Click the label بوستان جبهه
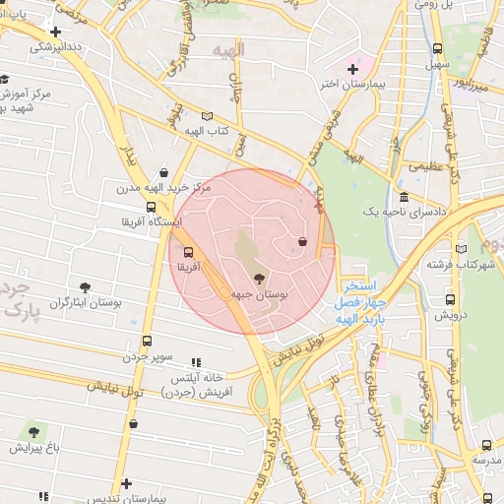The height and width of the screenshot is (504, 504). click(260, 294)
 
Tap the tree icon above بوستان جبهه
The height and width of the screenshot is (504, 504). click(260, 279)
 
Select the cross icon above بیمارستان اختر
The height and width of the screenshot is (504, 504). click(352, 68)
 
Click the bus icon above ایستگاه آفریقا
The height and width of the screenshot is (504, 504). click(151, 207)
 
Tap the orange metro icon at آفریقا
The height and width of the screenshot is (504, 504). click(189, 251)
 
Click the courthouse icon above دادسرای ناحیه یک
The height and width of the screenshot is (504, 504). click(404, 197)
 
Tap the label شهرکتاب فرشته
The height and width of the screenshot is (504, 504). click(459, 264)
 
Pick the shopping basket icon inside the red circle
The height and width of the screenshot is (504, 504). click(301, 242)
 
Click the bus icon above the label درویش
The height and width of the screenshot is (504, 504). click(450, 299)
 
